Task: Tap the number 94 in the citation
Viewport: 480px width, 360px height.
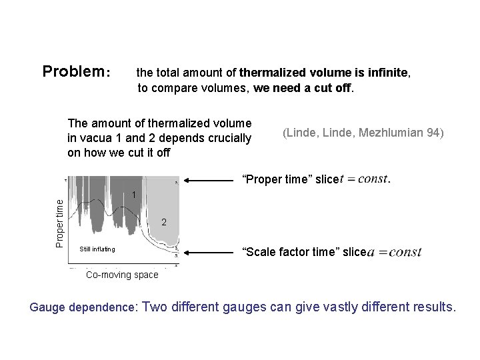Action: click(434, 133)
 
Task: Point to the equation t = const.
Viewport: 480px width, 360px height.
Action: click(364, 179)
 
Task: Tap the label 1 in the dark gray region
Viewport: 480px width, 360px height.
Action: click(134, 195)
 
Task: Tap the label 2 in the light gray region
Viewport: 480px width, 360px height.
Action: click(164, 223)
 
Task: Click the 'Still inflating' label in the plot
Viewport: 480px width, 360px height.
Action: click(97, 249)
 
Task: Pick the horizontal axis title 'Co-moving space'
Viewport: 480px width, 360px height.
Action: click(123, 275)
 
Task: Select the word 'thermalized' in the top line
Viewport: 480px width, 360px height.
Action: click(270, 72)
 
